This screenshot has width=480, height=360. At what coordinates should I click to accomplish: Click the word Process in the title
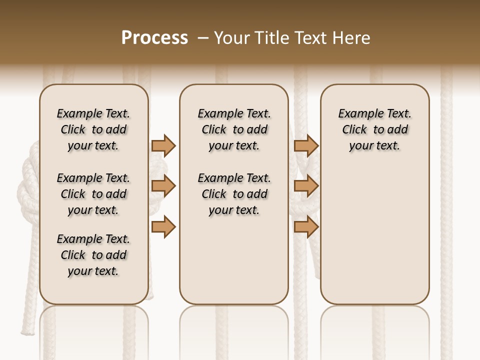click(x=154, y=38)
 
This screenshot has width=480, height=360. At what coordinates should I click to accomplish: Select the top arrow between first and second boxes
click(x=163, y=145)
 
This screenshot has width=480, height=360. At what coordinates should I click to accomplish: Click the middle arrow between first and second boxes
click(x=163, y=186)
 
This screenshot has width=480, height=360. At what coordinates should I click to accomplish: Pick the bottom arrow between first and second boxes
click(x=163, y=227)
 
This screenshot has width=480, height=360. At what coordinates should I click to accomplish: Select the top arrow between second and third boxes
click(x=306, y=145)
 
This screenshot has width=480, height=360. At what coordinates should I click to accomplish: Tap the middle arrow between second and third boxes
click(x=306, y=186)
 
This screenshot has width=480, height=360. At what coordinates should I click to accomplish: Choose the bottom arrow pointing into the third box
click(x=306, y=227)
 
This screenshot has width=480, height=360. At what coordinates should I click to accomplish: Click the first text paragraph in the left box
click(x=93, y=129)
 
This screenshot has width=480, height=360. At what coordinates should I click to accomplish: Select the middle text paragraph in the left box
click(x=93, y=194)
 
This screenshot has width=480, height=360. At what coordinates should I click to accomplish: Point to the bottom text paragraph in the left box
click(x=93, y=255)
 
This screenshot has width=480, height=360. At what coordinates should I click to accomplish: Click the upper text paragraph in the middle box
click(x=234, y=129)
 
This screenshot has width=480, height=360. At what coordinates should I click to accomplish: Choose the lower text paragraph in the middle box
click(x=234, y=194)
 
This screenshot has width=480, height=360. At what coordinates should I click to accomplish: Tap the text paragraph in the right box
click(x=375, y=129)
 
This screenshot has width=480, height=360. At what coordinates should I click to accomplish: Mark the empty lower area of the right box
click(x=375, y=235)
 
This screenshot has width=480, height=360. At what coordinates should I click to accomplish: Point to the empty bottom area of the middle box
click(x=234, y=265)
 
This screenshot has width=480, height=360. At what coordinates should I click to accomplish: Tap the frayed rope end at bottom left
click(x=25, y=330)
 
